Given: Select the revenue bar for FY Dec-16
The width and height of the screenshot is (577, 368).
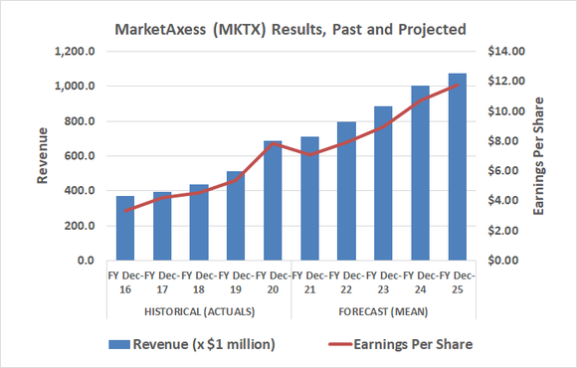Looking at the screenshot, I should [124, 229].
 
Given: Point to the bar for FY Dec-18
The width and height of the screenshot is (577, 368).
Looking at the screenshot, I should [198, 223].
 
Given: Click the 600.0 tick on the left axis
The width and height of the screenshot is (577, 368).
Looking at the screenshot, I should [77, 156].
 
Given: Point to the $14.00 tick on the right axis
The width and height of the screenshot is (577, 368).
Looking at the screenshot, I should [503, 52].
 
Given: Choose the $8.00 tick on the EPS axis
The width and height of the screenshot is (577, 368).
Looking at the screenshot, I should [503, 141].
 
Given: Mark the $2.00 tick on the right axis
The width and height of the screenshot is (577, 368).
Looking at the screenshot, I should [503, 231].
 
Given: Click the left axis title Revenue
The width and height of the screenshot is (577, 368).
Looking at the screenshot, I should [43, 156].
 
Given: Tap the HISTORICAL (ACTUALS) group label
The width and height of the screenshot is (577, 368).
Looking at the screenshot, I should [198, 310].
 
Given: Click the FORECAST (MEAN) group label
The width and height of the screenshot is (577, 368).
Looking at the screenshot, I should [384, 310].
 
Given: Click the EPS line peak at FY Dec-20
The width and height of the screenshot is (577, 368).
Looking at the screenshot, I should [272, 143].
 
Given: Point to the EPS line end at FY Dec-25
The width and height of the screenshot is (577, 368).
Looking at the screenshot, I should [458, 85].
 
